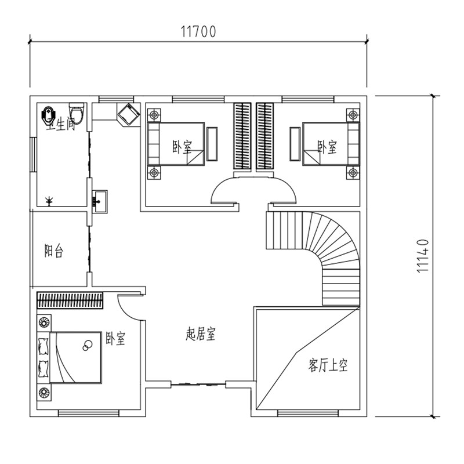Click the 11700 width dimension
click(x=198, y=32)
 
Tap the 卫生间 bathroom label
click(x=62, y=124)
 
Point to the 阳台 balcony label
click(x=54, y=251)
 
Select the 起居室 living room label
click(x=201, y=335)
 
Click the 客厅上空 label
click(x=328, y=366)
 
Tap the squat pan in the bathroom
click(x=48, y=113)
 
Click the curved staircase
click(x=325, y=249)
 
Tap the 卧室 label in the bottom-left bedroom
click(x=115, y=339)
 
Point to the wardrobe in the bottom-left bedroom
click(x=70, y=300)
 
